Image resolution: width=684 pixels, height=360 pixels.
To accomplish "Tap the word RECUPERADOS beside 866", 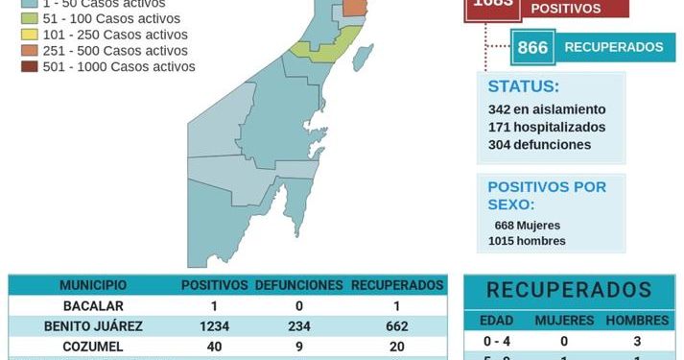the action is [613, 47].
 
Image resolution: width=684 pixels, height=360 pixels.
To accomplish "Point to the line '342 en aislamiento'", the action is [547, 109].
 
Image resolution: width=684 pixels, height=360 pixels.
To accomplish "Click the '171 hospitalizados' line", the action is [546, 127].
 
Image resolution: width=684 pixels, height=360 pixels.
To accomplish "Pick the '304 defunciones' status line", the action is [539, 145].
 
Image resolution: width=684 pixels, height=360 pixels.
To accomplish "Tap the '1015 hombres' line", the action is [527, 241].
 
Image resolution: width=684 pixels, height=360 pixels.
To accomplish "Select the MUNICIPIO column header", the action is [92, 285].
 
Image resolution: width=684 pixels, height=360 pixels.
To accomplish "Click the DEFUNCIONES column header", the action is [298, 285].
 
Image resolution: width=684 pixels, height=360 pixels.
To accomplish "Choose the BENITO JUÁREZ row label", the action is [93, 325].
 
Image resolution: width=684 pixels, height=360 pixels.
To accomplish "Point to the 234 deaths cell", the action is [299, 325].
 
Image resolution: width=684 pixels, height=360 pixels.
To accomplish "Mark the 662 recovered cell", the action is [396, 325].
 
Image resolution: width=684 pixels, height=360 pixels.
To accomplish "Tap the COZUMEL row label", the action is [93, 346].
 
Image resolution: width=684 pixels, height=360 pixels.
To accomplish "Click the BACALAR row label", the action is [93, 305].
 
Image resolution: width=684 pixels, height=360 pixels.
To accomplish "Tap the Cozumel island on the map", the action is [363, 57].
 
